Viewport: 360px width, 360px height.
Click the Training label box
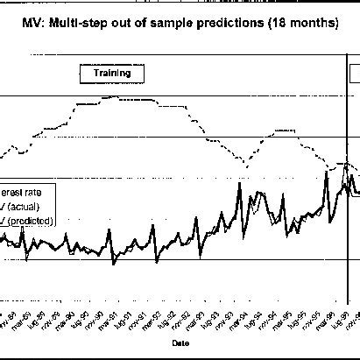[x=111, y=74]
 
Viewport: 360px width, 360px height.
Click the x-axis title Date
[x=179, y=342]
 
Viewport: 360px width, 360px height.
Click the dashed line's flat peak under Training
[x=118, y=97]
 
